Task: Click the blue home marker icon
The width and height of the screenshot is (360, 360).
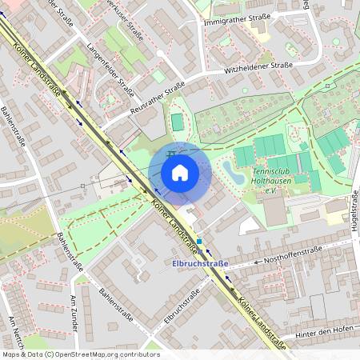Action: click(x=179, y=173)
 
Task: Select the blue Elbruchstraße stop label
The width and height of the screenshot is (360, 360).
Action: click(x=200, y=263)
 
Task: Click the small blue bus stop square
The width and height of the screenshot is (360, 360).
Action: click(x=198, y=240)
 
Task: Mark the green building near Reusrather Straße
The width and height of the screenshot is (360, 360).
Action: click(x=177, y=122)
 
